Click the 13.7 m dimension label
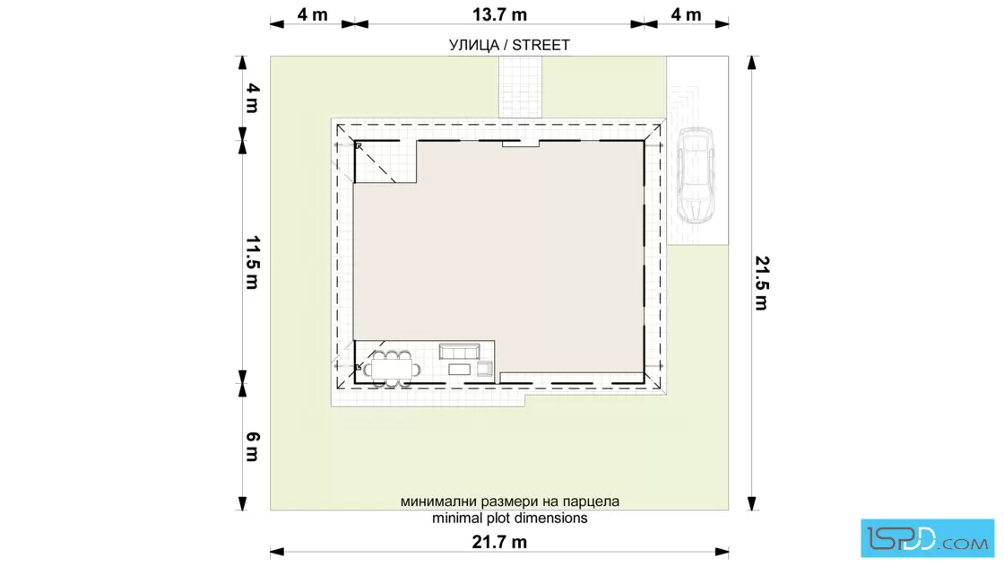499,14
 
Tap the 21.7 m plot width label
499,542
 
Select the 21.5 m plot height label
762,283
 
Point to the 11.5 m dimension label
253,263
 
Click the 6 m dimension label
253,447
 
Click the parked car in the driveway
696,175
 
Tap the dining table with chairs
391,369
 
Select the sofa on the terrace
459,352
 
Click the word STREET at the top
541,45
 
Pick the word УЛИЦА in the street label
474,45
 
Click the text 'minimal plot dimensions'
510,518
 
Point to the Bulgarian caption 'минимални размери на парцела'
510,501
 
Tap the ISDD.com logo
927,538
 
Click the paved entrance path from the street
520,87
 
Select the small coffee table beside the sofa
459,369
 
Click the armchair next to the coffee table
485,369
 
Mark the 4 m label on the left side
253,98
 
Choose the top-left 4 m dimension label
313,14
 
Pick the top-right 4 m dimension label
686,14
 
